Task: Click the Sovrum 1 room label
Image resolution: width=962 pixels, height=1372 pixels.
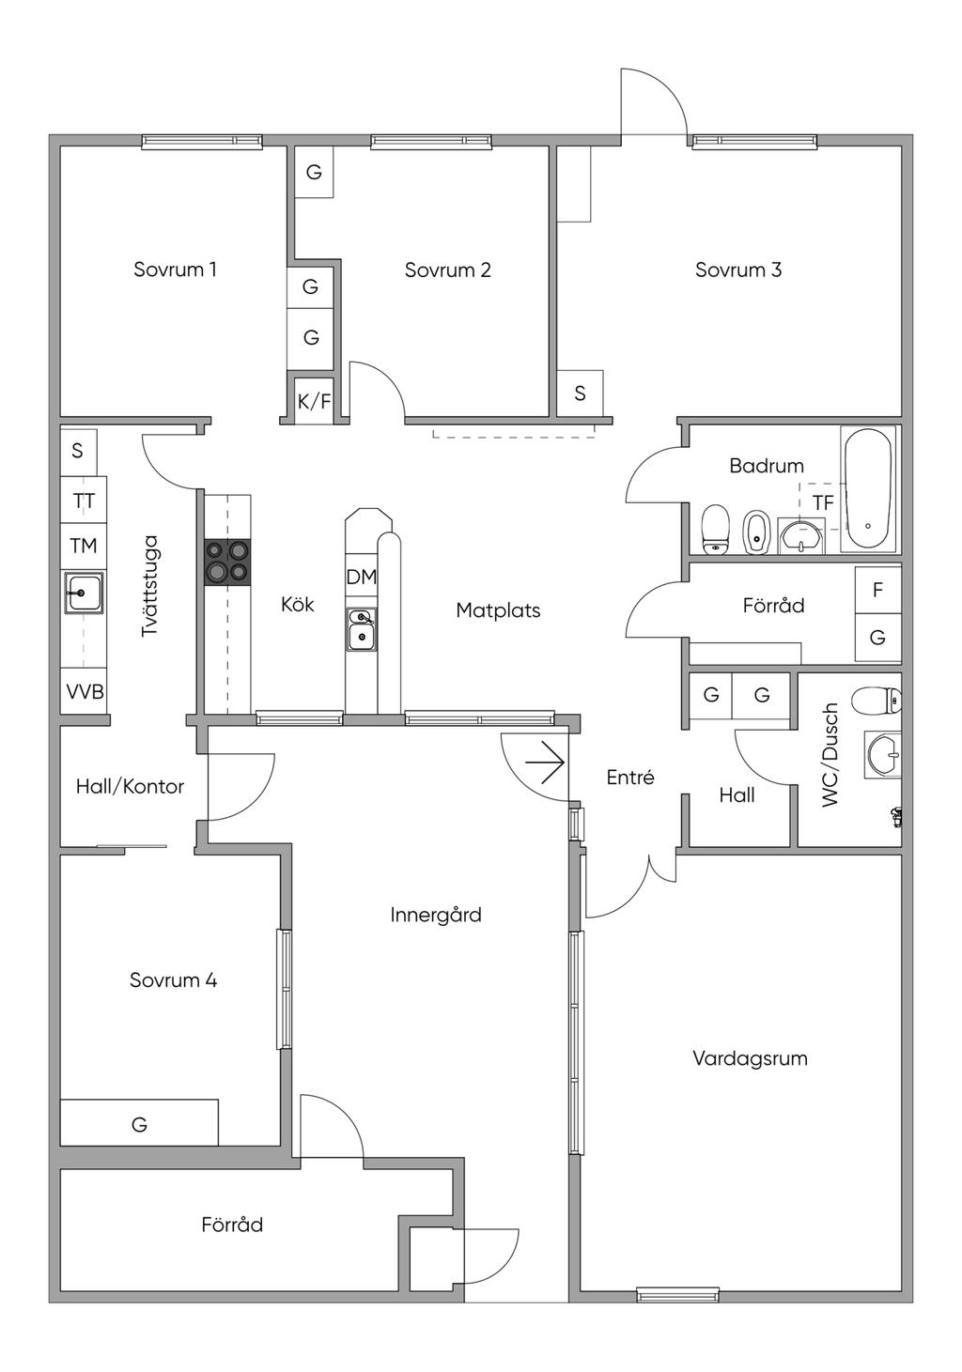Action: coord(175,270)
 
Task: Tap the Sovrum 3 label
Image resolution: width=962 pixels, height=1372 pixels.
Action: coord(738,270)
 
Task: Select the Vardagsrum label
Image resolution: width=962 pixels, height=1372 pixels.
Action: coord(750,1058)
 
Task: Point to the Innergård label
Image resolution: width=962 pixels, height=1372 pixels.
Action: coord(436,915)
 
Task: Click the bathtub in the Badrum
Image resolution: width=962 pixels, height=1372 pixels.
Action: coord(867,489)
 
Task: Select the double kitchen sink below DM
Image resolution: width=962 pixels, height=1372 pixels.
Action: coord(361,628)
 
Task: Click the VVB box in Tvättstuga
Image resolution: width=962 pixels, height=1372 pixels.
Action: coord(85,692)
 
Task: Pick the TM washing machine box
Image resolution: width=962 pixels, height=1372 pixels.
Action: coord(84,546)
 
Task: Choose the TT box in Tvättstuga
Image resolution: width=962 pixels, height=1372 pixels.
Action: coord(84,501)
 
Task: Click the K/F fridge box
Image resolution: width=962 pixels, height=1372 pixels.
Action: coord(314,402)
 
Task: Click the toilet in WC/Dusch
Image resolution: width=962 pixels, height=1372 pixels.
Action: coord(877,700)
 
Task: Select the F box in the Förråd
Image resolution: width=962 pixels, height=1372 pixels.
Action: coord(877,590)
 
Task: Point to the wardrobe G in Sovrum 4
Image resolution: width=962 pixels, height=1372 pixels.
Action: coord(139,1123)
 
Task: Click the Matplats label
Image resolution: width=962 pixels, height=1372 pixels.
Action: coord(498,610)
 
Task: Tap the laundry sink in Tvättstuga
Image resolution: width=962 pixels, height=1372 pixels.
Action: coord(83,594)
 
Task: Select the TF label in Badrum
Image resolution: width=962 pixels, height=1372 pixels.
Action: coord(823,503)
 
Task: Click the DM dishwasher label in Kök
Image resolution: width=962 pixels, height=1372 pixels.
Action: coord(361,578)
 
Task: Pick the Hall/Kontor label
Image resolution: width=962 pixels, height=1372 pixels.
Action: coord(130,787)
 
